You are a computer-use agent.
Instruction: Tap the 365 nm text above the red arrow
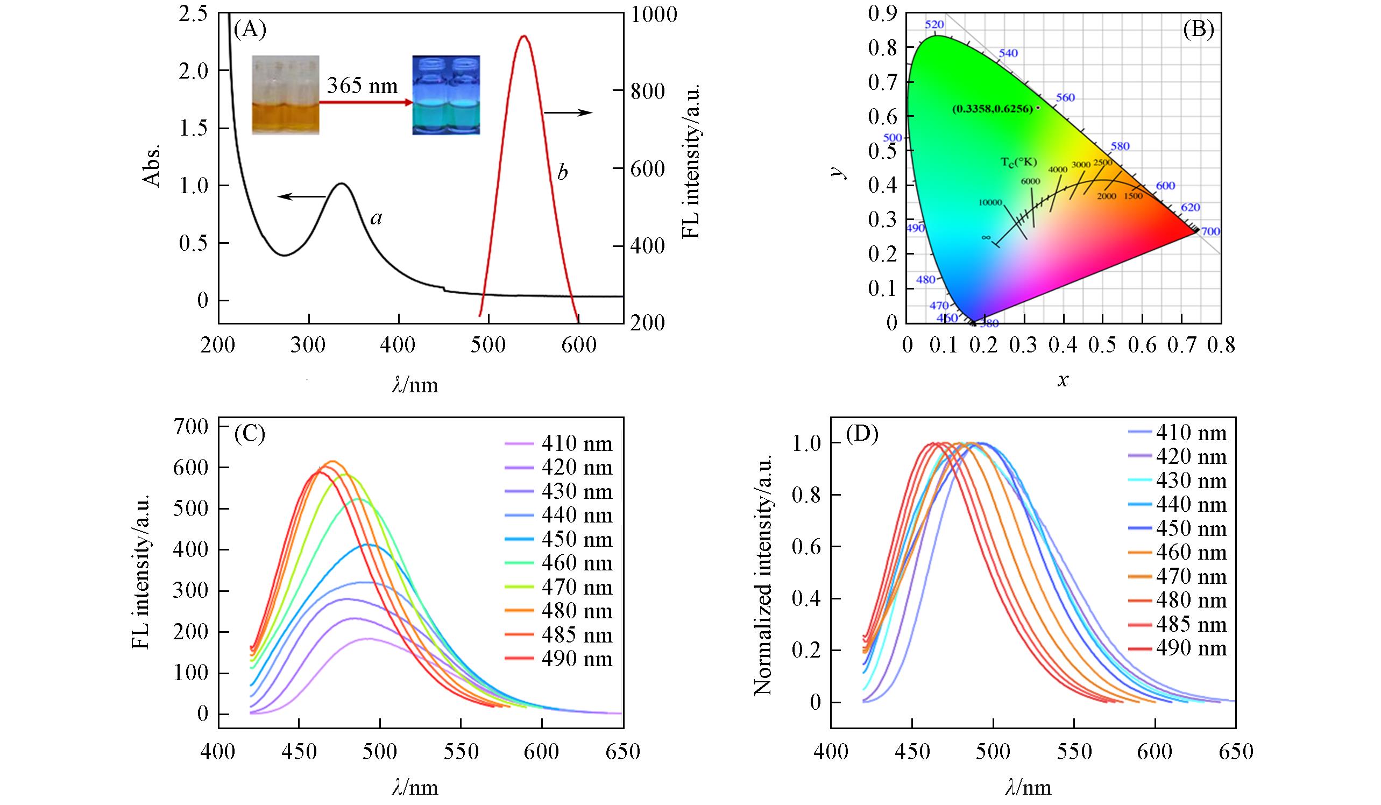click(362, 86)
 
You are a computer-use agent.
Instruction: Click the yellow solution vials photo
click(285, 95)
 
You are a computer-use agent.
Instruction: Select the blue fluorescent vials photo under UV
click(445, 95)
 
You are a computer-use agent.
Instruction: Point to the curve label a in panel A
click(376, 218)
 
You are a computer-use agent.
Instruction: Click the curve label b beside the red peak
click(562, 173)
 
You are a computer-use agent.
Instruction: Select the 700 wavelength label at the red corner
click(1210, 232)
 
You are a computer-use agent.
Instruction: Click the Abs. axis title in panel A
click(152, 166)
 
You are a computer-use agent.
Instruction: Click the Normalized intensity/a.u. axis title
click(763, 573)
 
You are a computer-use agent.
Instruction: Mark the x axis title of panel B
click(1063, 380)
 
